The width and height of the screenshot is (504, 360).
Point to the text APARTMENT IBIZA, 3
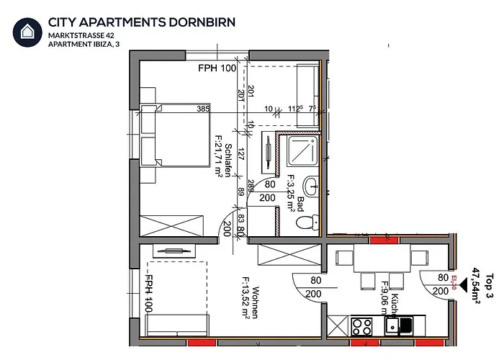coord(84,44)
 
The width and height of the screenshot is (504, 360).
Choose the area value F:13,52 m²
coord(246,295)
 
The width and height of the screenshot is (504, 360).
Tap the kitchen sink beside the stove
coord(398,326)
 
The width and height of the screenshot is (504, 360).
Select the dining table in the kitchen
coord(382,257)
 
